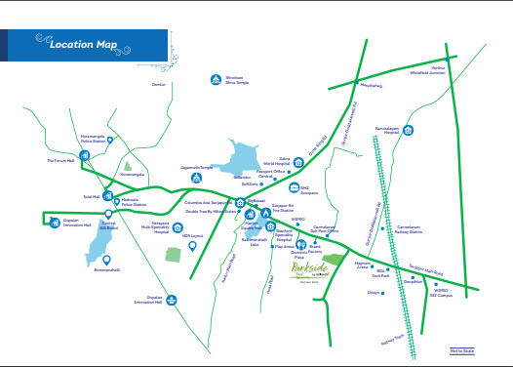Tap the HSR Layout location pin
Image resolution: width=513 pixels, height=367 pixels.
(192, 245)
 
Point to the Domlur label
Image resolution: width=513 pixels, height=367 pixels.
(160, 84)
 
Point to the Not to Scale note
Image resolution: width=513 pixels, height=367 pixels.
(461, 349)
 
